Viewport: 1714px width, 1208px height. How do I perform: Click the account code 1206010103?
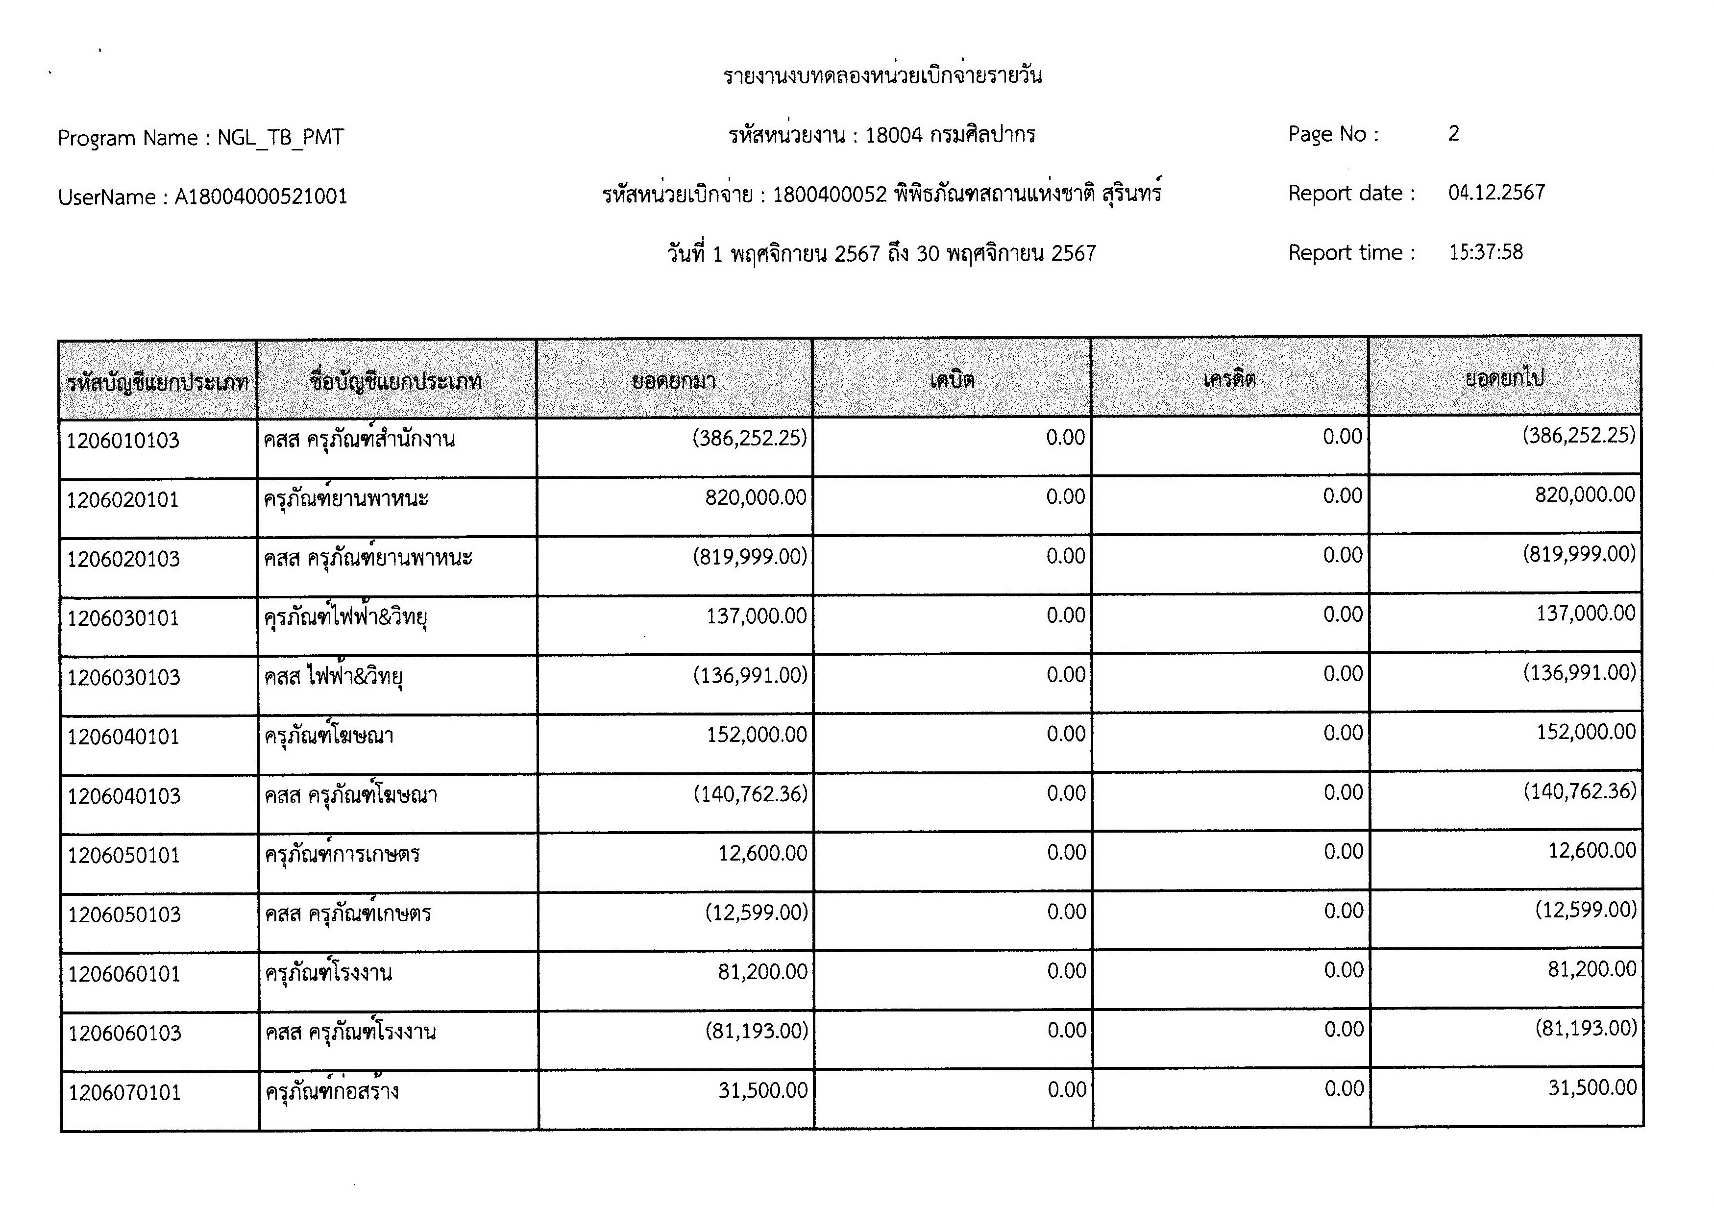[x=122, y=441]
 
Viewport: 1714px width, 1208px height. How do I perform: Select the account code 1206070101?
[x=124, y=1093]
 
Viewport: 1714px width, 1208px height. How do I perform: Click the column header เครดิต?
[x=1229, y=379]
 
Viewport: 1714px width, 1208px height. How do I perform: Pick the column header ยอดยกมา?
[x=673, y=382]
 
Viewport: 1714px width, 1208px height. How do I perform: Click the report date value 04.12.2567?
[x=1496, y=193]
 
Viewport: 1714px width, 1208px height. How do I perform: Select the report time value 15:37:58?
[x=1486, y=252]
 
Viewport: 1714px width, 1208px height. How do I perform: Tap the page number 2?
[x=1453, y=134]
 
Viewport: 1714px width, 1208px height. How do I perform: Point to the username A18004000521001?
[x=261, y=197]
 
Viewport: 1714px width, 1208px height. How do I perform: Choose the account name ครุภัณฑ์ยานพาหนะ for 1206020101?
[x=345, y=499]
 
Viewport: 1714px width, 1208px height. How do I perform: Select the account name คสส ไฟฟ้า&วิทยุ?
[x=333, y=677]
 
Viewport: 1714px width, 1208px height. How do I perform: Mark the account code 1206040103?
[x=124, y=797]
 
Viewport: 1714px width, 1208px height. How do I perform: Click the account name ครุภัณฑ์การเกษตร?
[x=342, y=855]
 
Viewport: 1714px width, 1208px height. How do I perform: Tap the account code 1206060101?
[x=124, y=974]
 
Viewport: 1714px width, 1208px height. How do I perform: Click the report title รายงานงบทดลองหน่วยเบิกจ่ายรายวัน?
[x=882, y=75]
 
